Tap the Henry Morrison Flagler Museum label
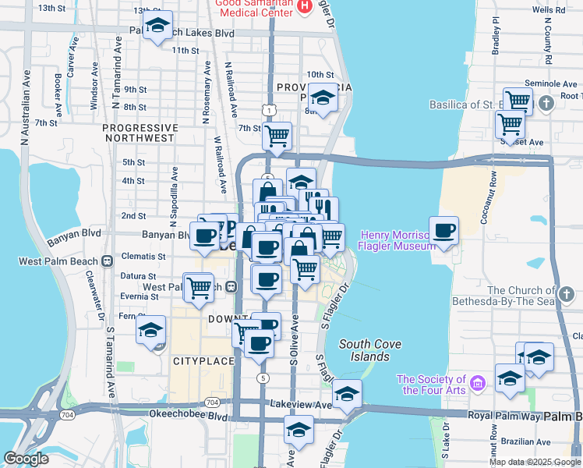pos(395,241)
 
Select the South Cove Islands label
pos(365,350)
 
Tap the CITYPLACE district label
pos(203,361)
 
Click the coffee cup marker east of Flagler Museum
pos(444,230)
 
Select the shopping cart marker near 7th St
pos(277,136)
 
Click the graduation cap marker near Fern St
pos(150,329)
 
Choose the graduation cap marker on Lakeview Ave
pos(347,393)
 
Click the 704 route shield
pos(212,402)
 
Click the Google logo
pos(26,459)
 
